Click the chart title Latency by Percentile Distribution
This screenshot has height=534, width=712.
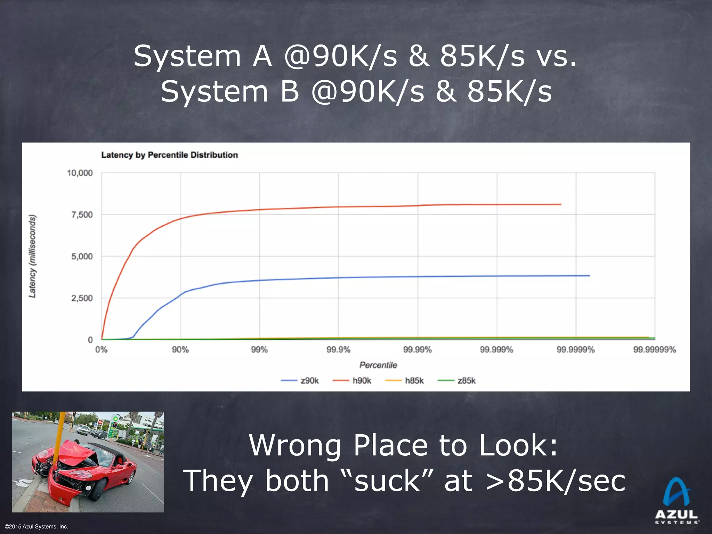[x=169, y=155]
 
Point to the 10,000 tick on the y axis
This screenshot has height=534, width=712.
[x=80, y=173]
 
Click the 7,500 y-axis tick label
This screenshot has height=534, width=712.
[x=82, y=215]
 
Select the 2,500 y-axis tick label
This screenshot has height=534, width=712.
[x=82, y=298]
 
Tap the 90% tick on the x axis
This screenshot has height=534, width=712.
[x=180, y=350]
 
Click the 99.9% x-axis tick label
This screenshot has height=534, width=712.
[x=338, y=350]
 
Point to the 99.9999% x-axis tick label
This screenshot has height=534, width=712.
[x=576, y=350]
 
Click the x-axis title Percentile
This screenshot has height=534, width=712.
[x=378, y=365]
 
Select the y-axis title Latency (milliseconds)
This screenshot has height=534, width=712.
[x=32, y=256]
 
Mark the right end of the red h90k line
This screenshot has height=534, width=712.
[x=561, y=204]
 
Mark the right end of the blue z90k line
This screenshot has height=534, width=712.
[x=589, y=276]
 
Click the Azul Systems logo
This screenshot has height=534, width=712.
[x=677, y=501]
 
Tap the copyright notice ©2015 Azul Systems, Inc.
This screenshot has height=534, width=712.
[x=37, y=527]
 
